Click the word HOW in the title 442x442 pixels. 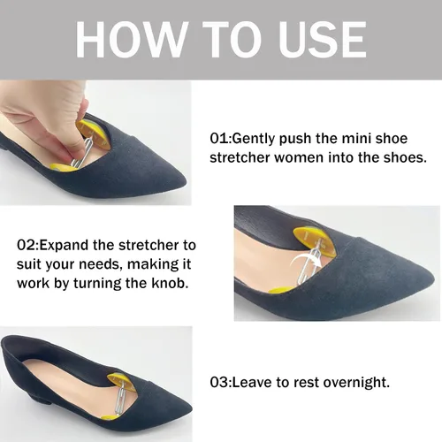click(132, 40)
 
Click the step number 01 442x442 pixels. click(219, 139)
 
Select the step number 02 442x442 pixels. click(27, 245)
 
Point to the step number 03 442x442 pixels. click(219, 382)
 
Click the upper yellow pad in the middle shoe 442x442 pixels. click(312, 240)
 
